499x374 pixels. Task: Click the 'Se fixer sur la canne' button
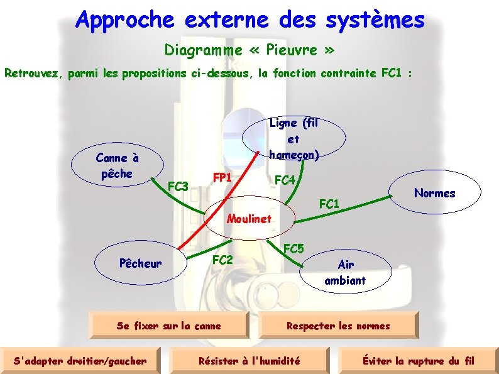point(169,326)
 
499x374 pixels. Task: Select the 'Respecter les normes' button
point(337,326)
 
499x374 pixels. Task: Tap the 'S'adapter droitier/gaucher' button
point(80,361)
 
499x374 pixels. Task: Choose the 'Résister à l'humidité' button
point(249,361)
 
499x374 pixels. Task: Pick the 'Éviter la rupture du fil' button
point(418,361)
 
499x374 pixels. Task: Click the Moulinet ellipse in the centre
point(249,219)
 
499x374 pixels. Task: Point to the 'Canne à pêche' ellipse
point(116,166)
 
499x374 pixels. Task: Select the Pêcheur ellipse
point(140,263)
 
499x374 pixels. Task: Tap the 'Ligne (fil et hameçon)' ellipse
point(293,139)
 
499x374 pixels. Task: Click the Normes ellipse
point(434,193)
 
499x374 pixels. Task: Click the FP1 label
point(222,177)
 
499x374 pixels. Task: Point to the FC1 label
point(329,204)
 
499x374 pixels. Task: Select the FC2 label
point(222,260)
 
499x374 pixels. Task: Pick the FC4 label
point(285,180)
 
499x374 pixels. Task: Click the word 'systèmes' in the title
point(375,20)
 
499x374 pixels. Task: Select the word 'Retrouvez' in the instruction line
point(31,74)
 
